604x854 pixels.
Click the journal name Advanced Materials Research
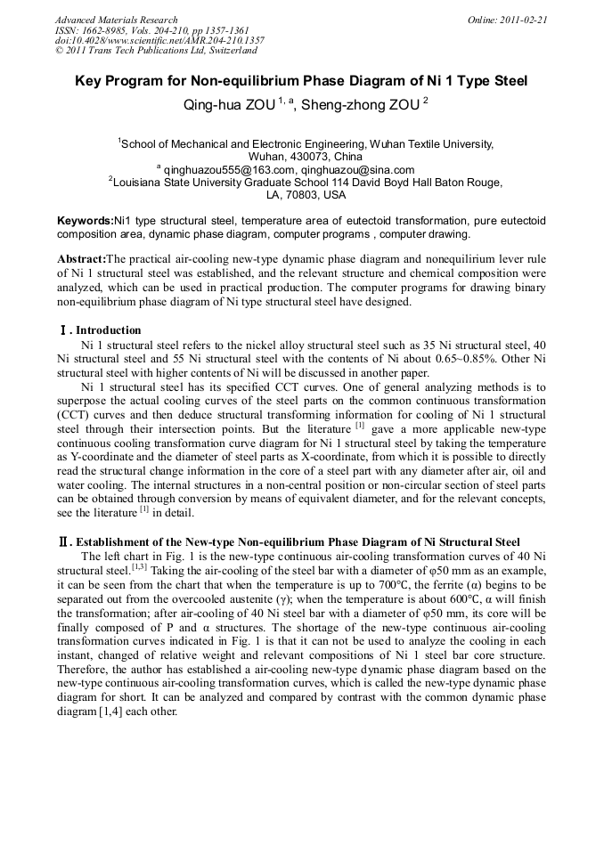point(116,20)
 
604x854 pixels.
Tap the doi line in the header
point(159,41)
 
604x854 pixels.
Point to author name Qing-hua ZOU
point(221,104)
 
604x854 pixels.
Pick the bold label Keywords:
point(86,220)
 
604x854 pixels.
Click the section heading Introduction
point(108,330)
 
